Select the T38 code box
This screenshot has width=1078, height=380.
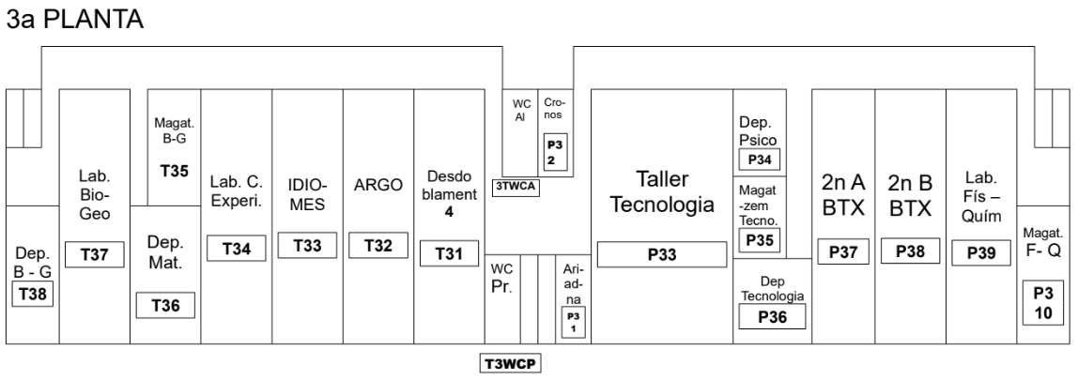click(x=31, y=295)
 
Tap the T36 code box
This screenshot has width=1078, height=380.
click(x=165, y=305)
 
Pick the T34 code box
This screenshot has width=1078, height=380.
click(x=236, y=249)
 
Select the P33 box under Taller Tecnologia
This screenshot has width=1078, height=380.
click(x=663, y=253)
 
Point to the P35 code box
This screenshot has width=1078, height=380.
click(x=761, y=241)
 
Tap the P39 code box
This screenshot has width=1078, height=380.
click(x=979, y=252)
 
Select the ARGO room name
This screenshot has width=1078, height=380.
click(x=377, y=186)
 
